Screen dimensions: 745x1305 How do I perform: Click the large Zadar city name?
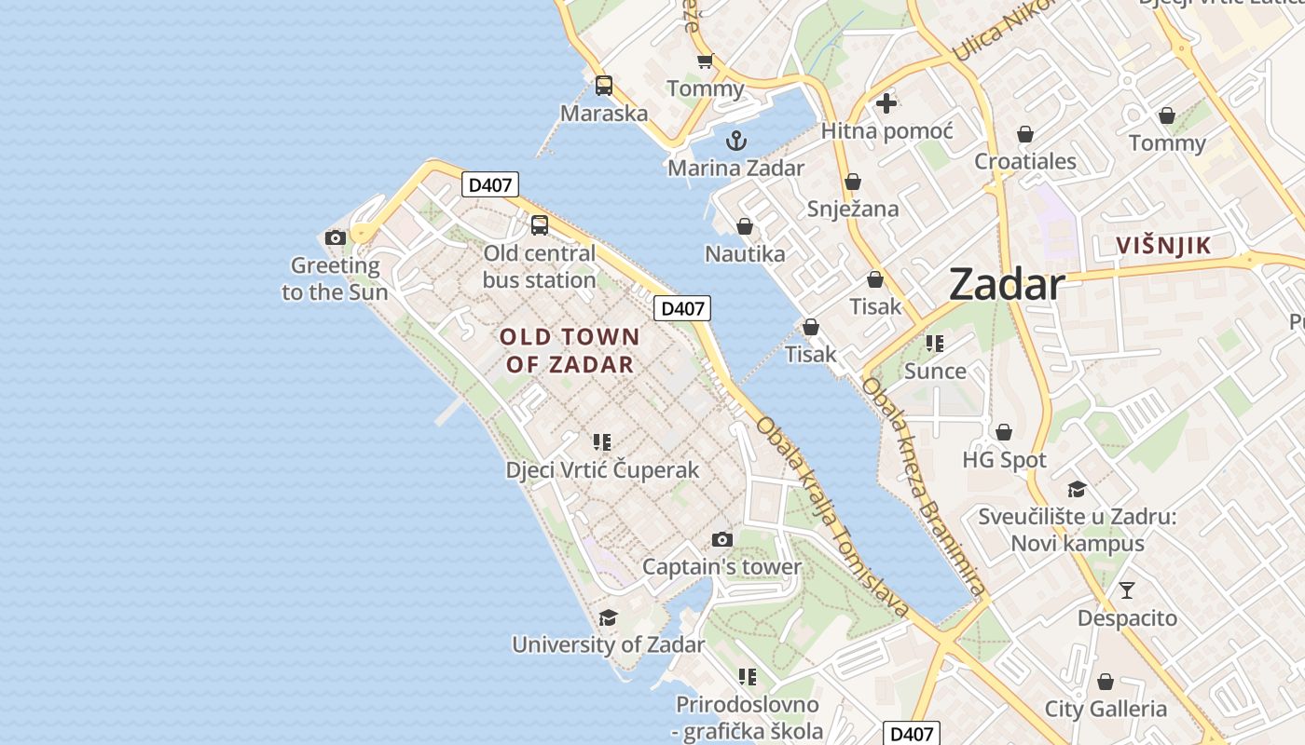(x=1007, y=285)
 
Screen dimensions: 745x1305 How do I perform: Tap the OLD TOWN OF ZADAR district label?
(x=570, y=350)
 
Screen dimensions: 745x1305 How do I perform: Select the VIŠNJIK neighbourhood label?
(x=1164, y=246)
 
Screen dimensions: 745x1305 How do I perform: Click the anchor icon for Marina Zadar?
(x=736, y=141)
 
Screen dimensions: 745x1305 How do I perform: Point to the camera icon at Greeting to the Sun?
(x=336, y=237)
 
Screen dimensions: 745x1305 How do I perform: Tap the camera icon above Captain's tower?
(x=721, y=539)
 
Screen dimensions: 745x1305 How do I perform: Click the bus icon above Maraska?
(x=604, y=86)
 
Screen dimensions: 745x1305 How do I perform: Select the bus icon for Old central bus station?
(x=540, y=224)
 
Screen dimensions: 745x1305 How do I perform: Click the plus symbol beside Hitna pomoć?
(x=886, y=103)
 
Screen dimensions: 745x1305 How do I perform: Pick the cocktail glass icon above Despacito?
(x=1127, y=589)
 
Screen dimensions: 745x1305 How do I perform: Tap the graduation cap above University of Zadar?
(x=608, y=617)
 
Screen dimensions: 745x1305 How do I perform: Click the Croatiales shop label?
(x=1025, y=161)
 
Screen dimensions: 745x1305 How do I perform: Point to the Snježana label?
(x=853, y=209)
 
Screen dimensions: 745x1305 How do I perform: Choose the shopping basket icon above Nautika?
(x=745, y=226)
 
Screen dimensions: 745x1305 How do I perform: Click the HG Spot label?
(x=1004, y=460)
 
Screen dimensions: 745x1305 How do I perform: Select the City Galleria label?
(x=1106, y=709)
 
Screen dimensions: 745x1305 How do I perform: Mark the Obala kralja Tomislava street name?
(x=831, y=517)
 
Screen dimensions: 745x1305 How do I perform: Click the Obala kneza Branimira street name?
(x=923, y=485)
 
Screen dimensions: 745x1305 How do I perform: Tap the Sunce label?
(x=935, y=371)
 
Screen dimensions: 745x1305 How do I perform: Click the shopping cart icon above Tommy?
(x=705, y=61)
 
